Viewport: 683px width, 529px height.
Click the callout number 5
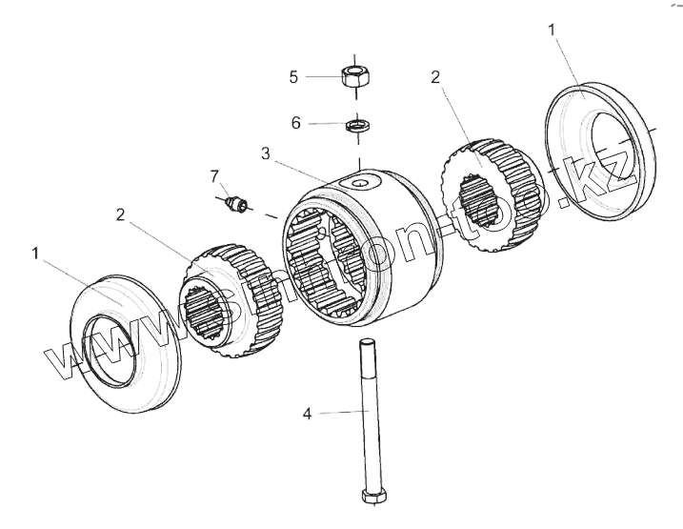coord(294,76)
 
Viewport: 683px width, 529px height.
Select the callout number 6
coord(295,123)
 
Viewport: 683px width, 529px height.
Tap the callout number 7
coord(215,175)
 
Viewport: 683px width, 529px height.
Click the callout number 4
coord(307,413)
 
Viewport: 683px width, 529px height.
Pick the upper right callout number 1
coord(553,31)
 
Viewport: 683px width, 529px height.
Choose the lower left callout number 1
coord(35,254)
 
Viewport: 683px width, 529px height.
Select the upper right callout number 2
coord(435,77)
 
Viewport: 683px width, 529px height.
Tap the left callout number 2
coord(120,214)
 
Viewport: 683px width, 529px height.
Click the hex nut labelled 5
coord(355,75)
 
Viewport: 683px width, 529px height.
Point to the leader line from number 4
coord(333,412)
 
